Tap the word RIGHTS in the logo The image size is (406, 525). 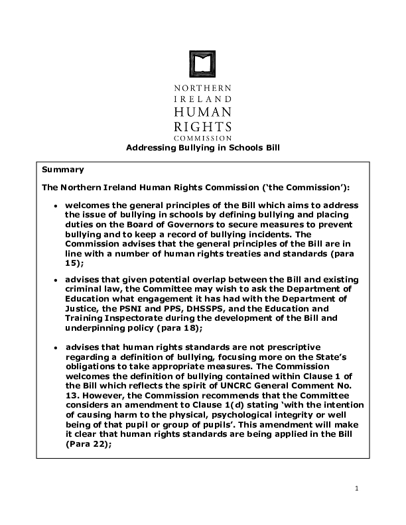click(x=202, y=126)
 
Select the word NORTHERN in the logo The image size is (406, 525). click(x=202, y=87)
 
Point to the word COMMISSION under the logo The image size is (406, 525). click(x=202, y=138)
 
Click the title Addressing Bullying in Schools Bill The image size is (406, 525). click(x=203, y=148)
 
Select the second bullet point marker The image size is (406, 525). click(x=56, y=280)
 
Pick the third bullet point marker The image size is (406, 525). click(x=56, y=347)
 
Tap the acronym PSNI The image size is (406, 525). click(x=132, y=308)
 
